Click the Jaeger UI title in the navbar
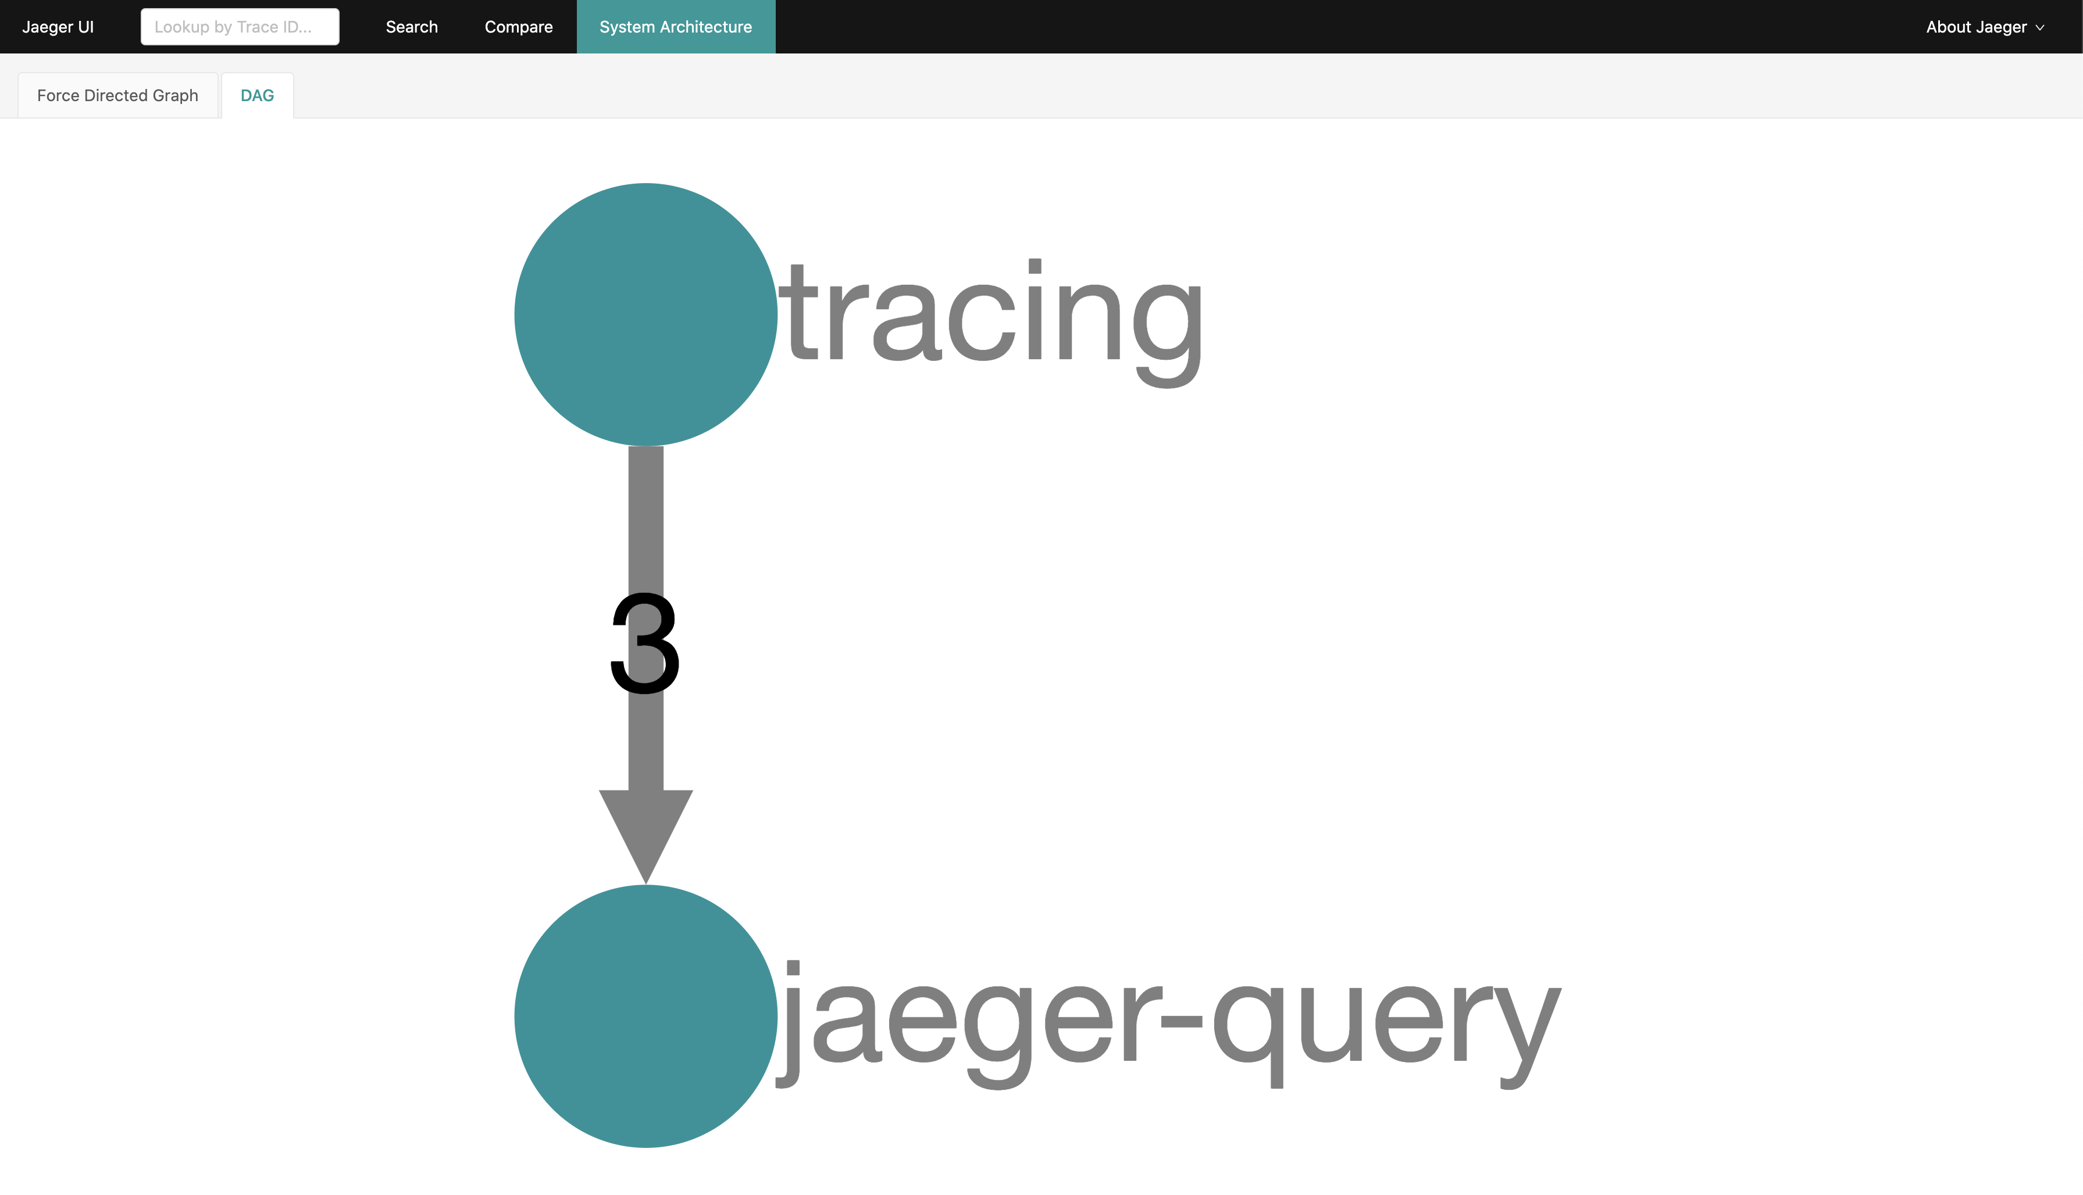[x=58, y=27]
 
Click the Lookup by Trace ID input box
[x=240, y=27]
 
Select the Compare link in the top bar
[x=519, y=27]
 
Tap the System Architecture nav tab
[x=676, y=27]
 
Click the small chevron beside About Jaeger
[x=2039, y=28]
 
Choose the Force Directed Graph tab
[x=117, y=95]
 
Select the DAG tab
[x=257, y=95]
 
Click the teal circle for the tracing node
[x=645, y=314]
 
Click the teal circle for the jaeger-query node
[x=645, y=1016]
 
